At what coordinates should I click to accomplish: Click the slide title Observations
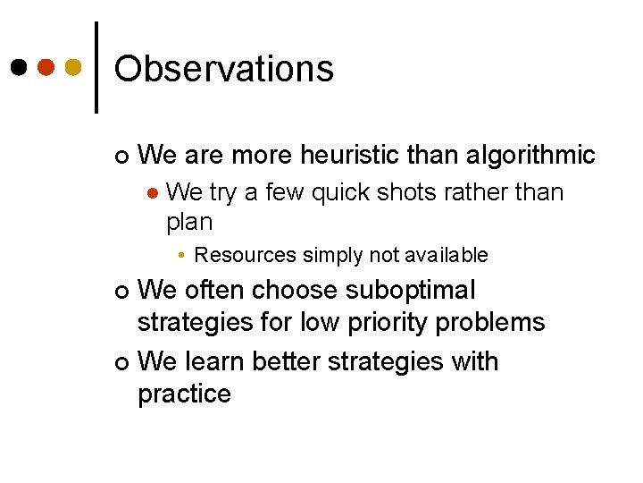click(224, 69)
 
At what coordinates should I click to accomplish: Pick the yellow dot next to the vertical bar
click(74, 68)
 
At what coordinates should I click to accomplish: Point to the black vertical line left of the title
click(96, 67)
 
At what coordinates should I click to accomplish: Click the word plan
click(189, 222)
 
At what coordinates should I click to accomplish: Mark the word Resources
click(245, 256)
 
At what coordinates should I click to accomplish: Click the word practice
click(184, 394)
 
